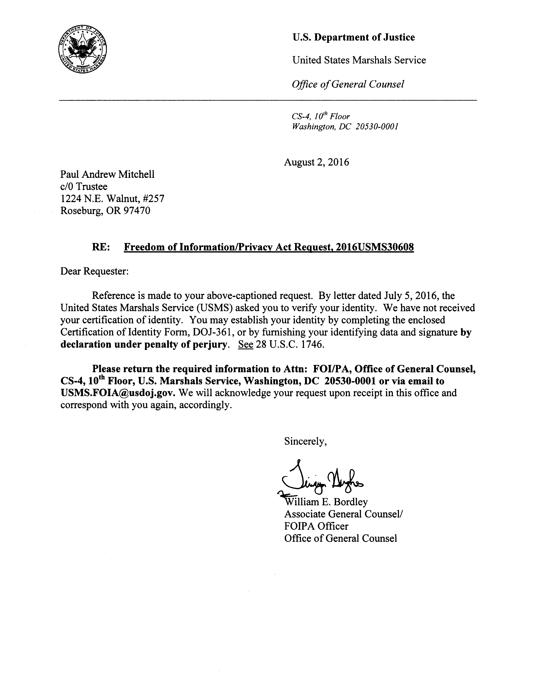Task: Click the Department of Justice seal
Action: click(x=82, y=49)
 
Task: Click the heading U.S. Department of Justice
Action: click(x=353, y=37)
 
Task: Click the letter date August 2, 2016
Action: click(x=316, y=162)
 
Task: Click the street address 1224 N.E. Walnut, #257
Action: click(x=112, y=199)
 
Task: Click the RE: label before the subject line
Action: click(x=101, y=247)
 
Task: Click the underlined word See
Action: click(x=245, y=345)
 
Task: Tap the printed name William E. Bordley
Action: click(x=326, y=502)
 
